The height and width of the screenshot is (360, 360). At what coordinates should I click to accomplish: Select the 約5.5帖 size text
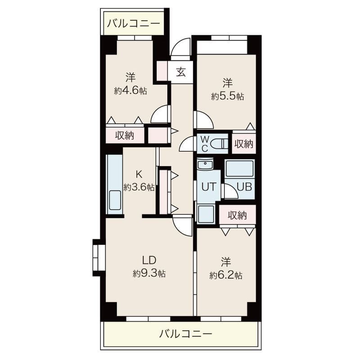[x=228, y=96]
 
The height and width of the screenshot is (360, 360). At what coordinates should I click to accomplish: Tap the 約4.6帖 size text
[x=130, y=90]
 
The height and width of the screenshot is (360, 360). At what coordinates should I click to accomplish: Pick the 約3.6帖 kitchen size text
[x=139, y=187]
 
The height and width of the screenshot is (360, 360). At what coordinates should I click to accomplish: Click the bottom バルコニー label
[x=185, y=334]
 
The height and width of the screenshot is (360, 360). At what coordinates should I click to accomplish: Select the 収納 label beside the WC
[x=243, y=144]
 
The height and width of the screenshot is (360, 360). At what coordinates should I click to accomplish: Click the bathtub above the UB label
[x=239, y=169]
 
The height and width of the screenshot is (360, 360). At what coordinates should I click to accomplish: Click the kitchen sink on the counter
[x=115, y=201]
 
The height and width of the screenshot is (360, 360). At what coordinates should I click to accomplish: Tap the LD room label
[x=149, y=260]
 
